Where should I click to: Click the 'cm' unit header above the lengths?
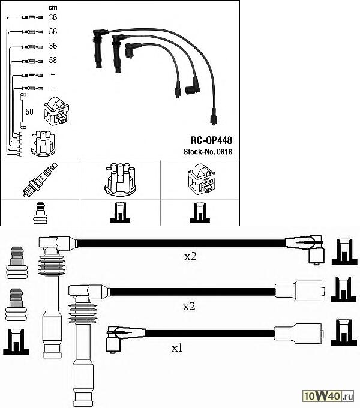tap(52, 7)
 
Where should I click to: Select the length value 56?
tap(53, 31)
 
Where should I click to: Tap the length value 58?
tap(53, 61)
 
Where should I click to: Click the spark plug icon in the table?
tap(40, 179)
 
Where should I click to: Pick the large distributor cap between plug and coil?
tap(120, 179)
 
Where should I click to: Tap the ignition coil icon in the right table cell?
tap(200, 179)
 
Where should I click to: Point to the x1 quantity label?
tap(177, 347)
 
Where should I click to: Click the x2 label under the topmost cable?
tap(190, 256)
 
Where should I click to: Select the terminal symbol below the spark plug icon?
tap(40, 212)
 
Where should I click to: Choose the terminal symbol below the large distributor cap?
tap(120, 212)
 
